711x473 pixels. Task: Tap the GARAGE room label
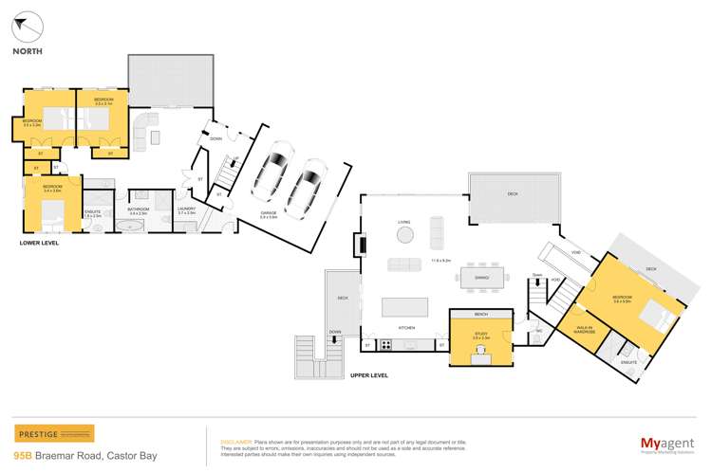[271, 213]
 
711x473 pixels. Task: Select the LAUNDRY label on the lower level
[186, 211]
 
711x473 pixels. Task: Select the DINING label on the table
[481, 277]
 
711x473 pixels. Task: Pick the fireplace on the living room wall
[362, 246]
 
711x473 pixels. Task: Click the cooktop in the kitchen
[386, 346]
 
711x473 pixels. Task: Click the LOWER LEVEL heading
[40, 244]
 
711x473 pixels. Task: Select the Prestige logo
[54, 433]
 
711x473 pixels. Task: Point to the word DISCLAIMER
[235, 442]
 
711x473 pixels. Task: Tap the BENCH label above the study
[480, 314]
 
